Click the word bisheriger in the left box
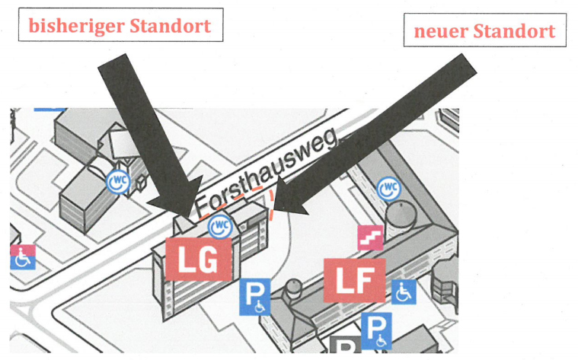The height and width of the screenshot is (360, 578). [76, 26]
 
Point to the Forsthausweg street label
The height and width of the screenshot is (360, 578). [266, 173]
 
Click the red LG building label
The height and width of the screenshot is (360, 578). [198, 260]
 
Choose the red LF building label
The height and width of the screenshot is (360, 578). [355, 280]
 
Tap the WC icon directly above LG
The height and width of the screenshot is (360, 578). [220, 227]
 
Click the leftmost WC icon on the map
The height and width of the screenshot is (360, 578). [118, 182]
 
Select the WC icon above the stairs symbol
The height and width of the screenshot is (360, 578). [389, 188]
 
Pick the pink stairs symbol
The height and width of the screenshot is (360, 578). [370, 237]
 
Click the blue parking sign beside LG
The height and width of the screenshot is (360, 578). [254, 297]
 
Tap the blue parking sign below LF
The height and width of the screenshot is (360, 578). [376, 330]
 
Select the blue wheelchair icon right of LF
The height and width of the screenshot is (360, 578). [404, 292]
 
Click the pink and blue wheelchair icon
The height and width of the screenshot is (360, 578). [23, 256]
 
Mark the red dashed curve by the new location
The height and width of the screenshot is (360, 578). [272, 205]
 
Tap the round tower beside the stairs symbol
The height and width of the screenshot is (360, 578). [401, 215]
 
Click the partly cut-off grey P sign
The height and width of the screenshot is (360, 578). [345, 346]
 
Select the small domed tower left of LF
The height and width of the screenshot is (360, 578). [293, 289]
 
